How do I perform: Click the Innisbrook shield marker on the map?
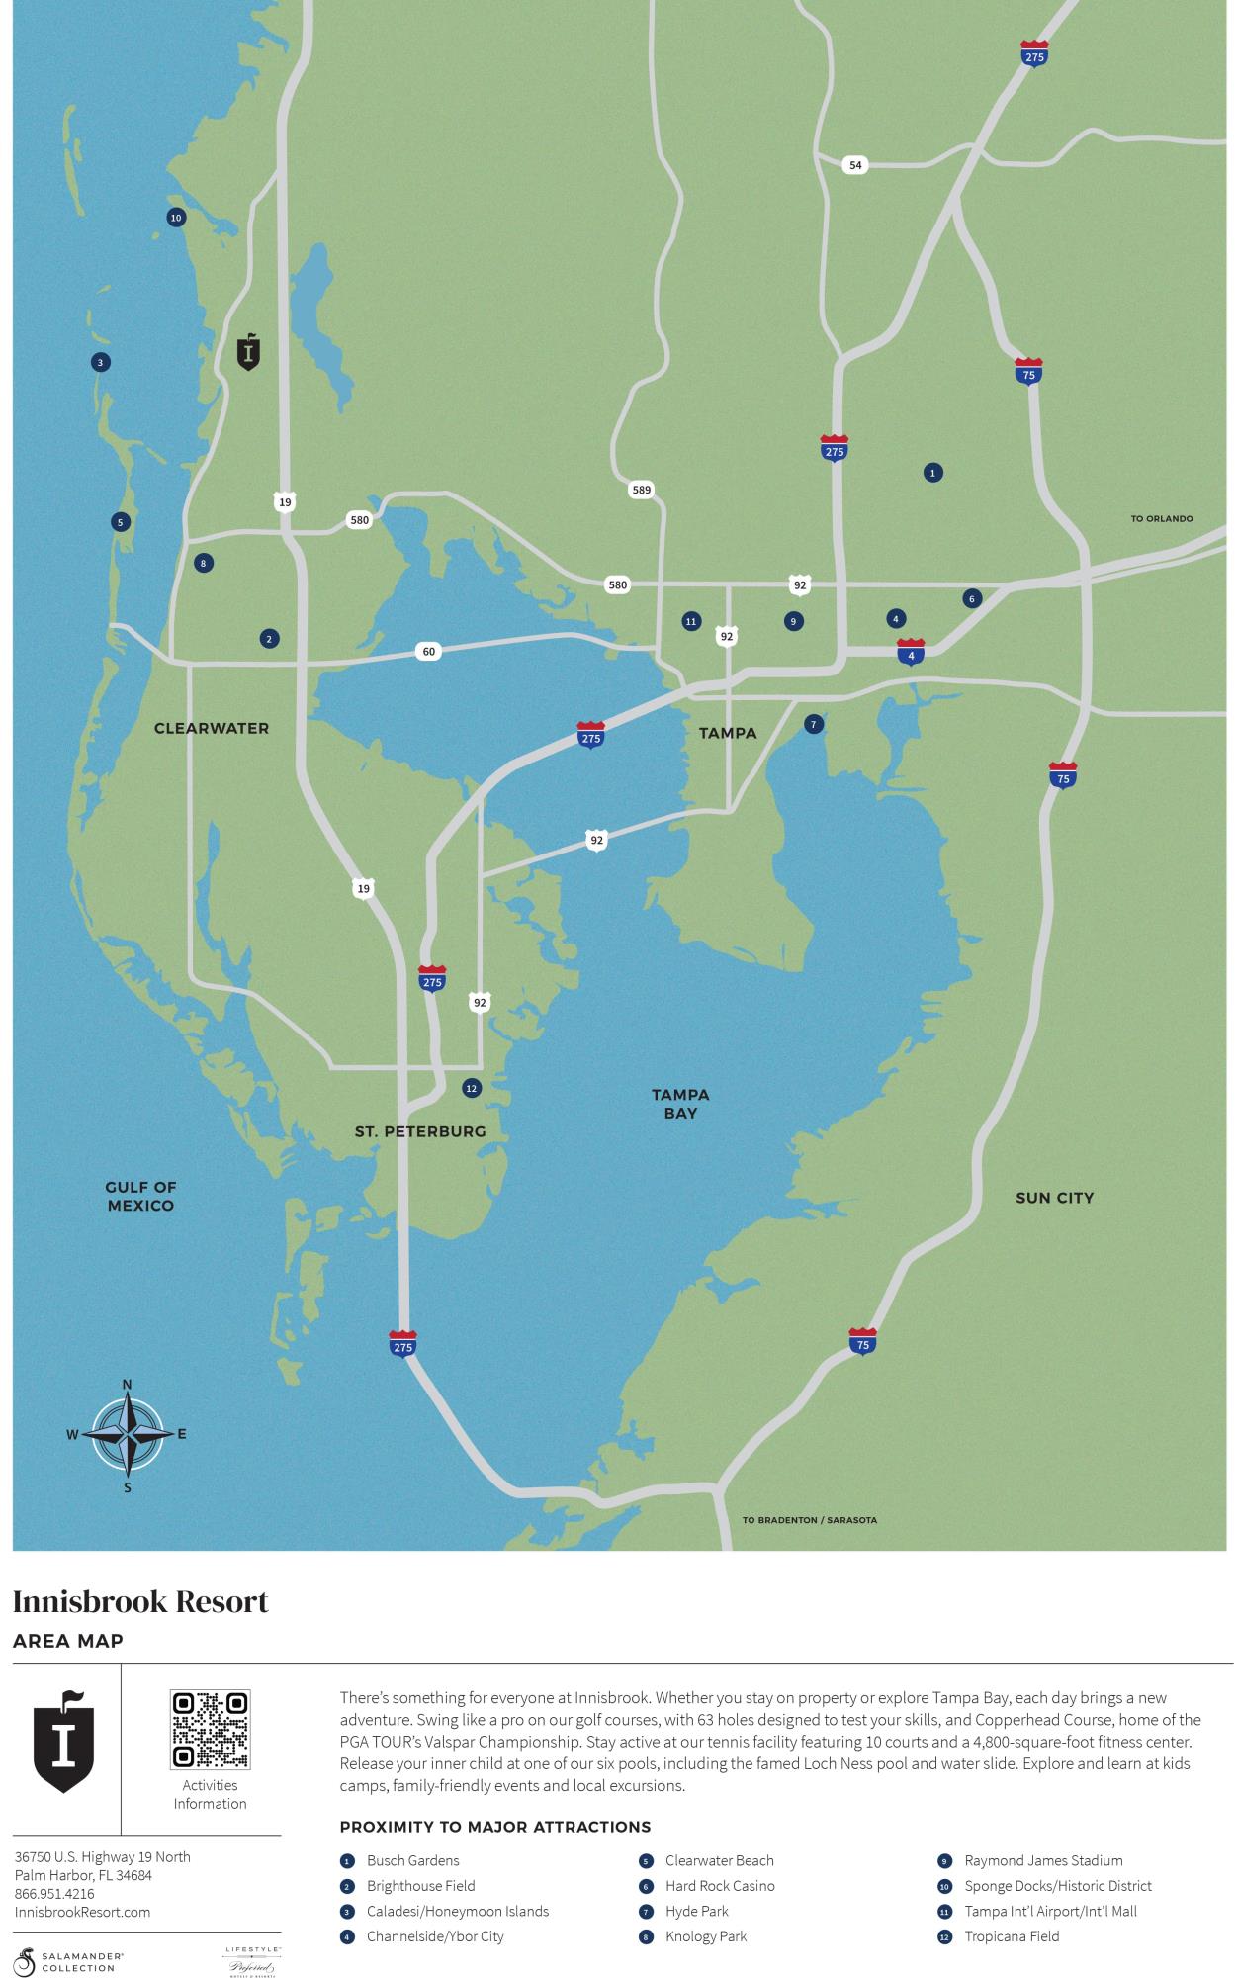click(249, 351)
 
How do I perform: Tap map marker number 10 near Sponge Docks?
click(176, 218)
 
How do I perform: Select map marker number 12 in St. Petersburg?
click(472, 1088)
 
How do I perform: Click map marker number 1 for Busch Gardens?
click(932, 473)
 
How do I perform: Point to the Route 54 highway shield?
click(856, 165)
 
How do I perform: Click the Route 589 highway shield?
click(641, 490)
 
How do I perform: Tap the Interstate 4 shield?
click(911, 652)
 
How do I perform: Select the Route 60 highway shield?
click(428, 651)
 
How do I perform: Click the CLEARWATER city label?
click(212, 728)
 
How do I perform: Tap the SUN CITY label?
click(1054, 1198)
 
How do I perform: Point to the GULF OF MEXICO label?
click(140, 1196)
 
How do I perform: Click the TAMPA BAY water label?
click(680, 1104)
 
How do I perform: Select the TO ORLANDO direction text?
click(1161, 519)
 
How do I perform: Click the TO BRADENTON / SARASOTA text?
click(809, 1520)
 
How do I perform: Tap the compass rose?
click(128, 1434)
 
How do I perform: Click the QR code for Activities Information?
click(210, 1730)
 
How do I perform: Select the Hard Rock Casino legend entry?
click(720, 1886)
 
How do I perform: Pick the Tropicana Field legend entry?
click(1012, 1936)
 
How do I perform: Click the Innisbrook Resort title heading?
click(140, 1602)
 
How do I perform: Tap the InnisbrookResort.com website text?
click(83, 1912)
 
